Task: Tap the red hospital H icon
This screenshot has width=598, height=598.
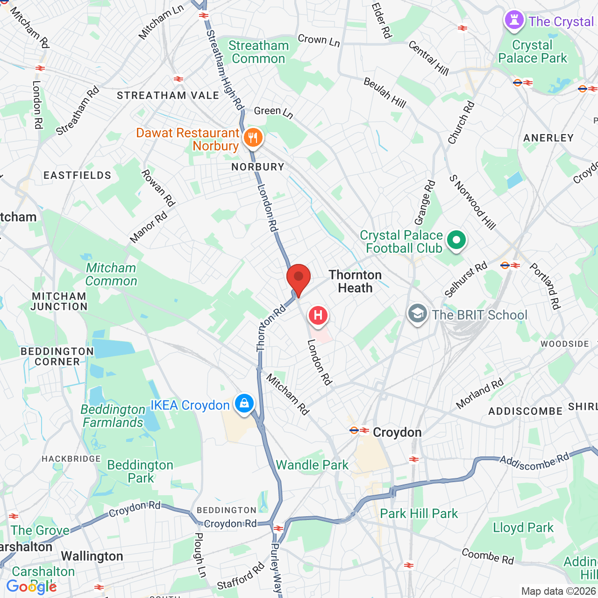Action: tap(318, 315)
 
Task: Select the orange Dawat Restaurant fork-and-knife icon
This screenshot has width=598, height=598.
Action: tap(253, 138)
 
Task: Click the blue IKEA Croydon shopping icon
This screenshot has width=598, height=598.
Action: tap(244, 403)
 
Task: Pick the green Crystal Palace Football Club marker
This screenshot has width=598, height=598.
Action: tap(456, 241)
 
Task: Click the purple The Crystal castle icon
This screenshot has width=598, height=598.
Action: tap(514, 20)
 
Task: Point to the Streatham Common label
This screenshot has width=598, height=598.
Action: tap(258, 52)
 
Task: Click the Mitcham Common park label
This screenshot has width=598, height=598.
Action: tap(111, 274)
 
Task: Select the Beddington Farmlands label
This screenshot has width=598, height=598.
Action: tap(113, 416)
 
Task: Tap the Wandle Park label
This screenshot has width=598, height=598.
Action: tap(312, 465)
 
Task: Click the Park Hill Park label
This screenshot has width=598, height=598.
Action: tap(419, 513)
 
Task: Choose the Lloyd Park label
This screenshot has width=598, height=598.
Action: tap(523, 527)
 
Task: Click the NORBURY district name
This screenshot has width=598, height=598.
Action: tap(258, 167)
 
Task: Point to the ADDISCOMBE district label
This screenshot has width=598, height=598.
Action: tap(525, 411)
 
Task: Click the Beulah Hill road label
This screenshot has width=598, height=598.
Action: tap(385, 93)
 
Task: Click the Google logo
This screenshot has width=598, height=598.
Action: tap(31, 587)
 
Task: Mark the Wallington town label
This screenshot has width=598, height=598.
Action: tap(92, 556)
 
